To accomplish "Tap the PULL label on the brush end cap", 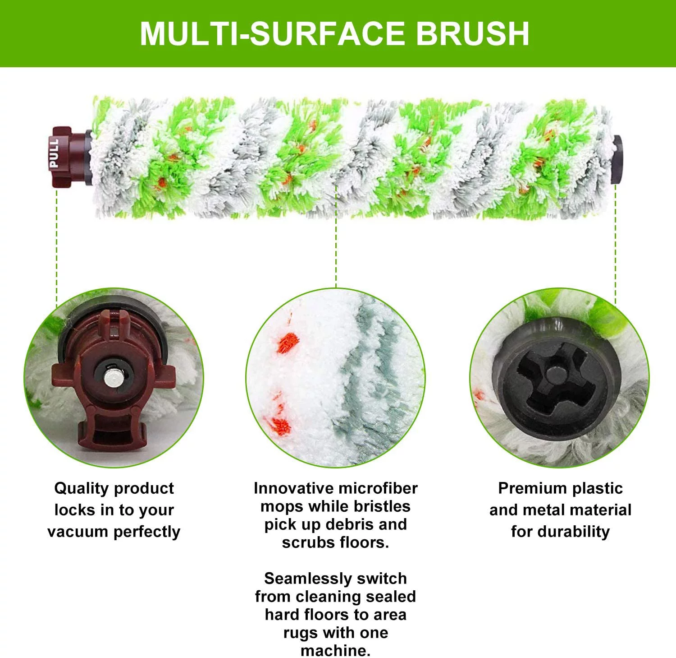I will pos(54,154).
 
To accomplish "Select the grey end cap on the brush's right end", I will pos(617,159).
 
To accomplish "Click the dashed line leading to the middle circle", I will pos(336,253).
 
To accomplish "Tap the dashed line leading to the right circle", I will pos(616,244).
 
